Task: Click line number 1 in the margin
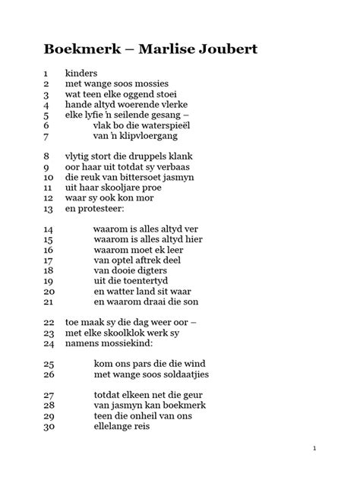pos(46,74)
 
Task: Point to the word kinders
pos(81,73)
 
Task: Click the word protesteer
pos(99,208)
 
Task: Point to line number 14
pos(48,229)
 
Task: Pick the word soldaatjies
pos(179,374)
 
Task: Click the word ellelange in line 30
pos(118,427)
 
